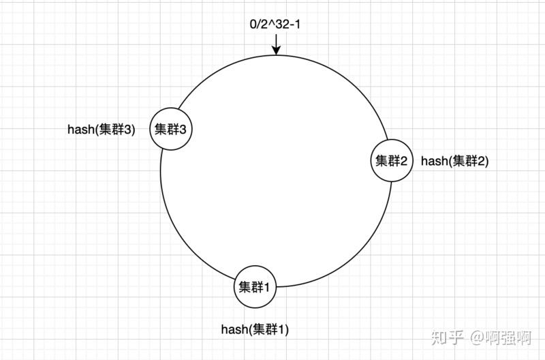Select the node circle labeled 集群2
[x=392, y=161]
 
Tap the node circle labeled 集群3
[x=170, y=129]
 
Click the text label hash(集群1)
[x=255, y=329]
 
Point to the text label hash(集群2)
[x=454, y=161]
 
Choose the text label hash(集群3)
[x=102, y=130]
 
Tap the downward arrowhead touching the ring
[x=276, y=50]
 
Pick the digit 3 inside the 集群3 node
[x=183, y=129]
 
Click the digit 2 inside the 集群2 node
[x=404, y=161]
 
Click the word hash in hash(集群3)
[x=80, y=130]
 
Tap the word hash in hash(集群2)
[x=433, y=161]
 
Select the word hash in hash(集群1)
[x=233, y=329]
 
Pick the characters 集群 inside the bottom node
[x=250, y=287]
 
